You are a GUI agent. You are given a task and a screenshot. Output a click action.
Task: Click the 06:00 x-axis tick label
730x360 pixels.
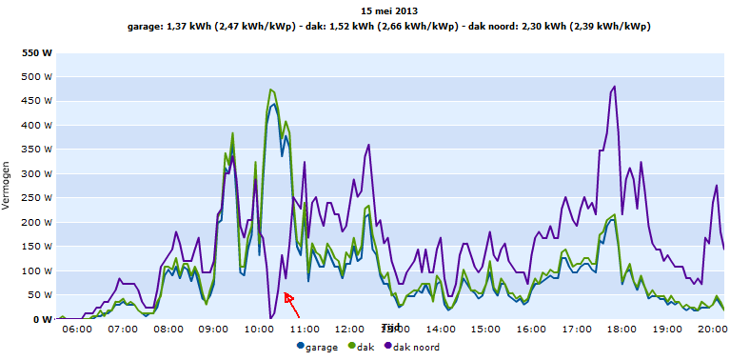click(76, 329)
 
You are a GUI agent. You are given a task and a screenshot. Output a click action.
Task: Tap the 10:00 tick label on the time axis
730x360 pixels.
click(259, 329)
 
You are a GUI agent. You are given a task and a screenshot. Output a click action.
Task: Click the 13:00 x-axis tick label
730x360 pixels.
click(395, 329)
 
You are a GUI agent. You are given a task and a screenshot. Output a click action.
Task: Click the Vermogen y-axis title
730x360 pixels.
click(9, 186)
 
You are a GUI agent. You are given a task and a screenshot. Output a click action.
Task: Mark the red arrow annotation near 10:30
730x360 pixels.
click(292, 305)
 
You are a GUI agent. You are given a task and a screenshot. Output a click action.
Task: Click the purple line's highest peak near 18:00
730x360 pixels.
click(615, 87)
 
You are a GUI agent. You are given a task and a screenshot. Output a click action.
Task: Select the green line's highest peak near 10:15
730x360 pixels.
click(271, 90)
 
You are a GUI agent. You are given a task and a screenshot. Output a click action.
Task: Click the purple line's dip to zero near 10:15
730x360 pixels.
click(270, 317)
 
